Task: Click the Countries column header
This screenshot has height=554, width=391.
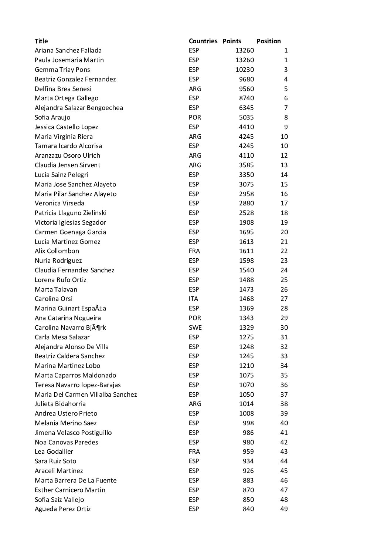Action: (203, 41)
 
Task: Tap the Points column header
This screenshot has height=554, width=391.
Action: (232, 41)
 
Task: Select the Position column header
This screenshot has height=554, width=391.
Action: (268, 41)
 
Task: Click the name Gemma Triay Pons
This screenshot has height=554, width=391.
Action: (62, 70)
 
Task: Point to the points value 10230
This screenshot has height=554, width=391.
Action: (244, 70)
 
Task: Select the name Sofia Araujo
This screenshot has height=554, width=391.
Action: (52, 117)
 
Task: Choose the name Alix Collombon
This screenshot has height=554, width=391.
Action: (57, 251)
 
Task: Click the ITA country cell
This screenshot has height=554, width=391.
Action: (193, 299)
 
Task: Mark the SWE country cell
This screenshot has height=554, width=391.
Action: (195, 328)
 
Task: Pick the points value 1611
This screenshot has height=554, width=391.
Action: (246, 251)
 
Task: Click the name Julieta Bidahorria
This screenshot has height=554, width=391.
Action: (60, 404)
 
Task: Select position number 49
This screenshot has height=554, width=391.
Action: (284, 509)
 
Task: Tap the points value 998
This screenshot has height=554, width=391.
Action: (248, 423)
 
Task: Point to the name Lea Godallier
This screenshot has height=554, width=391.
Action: (54, 451)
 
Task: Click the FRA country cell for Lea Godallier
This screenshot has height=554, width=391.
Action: (194, 451)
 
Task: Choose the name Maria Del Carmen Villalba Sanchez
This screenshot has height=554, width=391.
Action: (86, 394)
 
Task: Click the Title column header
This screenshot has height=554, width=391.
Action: (41, 41)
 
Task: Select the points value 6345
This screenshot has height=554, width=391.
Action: (246, 108)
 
